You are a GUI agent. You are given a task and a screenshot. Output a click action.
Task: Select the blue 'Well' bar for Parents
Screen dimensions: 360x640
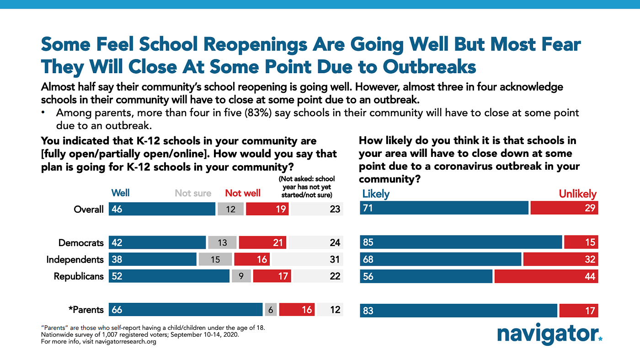(x=186, y=310)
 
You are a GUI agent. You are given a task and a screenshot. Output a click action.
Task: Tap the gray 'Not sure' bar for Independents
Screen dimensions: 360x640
(x=215, y=259)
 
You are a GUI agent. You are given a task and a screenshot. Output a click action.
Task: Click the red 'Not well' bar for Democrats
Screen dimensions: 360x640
(x=262, y=242)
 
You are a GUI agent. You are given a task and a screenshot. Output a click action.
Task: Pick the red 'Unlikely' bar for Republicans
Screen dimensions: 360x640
(x=546, y=276)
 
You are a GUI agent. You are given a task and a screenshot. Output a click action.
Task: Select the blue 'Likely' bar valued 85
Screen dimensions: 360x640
(x=461, y=242)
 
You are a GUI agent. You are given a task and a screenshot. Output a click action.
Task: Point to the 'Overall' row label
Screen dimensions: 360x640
(x=89, y=210)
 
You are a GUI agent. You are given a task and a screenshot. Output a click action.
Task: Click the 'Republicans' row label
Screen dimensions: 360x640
(x=79, y=276)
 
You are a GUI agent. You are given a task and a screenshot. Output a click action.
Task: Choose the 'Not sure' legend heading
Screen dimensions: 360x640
(x=193, y=193)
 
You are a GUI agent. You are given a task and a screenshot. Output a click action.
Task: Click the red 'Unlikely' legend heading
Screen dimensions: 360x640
(x=577, y=194)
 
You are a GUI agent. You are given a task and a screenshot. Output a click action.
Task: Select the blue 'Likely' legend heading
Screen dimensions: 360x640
(x=376, y=194)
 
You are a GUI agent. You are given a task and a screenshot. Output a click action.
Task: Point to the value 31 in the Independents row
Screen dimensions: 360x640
(x=335, y=259)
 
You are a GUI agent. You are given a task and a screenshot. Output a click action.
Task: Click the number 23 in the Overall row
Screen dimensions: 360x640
(x=335, y=209)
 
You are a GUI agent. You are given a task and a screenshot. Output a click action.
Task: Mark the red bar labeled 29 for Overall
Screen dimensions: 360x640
(x=564, y=208)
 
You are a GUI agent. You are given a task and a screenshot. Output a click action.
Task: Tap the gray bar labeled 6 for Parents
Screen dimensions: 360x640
(x=271, y=310)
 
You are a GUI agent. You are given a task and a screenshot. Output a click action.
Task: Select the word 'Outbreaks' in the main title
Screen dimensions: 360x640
(x=429, y=66)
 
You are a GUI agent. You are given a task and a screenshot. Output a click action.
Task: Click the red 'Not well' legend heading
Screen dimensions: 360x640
(x=243, y=193)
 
